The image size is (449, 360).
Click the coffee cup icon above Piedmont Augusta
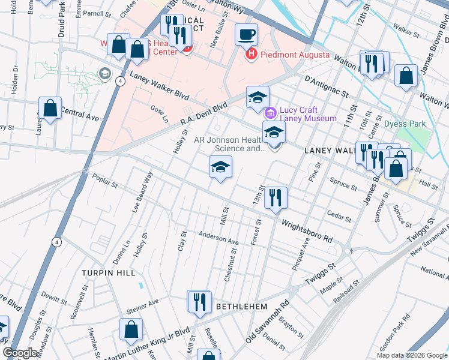click(x=246, y=34)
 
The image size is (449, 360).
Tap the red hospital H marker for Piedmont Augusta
click(x=252, y=55)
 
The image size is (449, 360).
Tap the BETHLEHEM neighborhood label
click(x=241, y=306)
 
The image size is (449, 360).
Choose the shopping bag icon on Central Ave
click(x=50, y=109)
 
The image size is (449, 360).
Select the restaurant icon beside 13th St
click(x=276, y=197)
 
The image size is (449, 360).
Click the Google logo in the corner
click(x=20, y=353)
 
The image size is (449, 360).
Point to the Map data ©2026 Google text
click(x=411, y=355)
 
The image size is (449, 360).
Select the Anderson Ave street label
click(x=218, y=238)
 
